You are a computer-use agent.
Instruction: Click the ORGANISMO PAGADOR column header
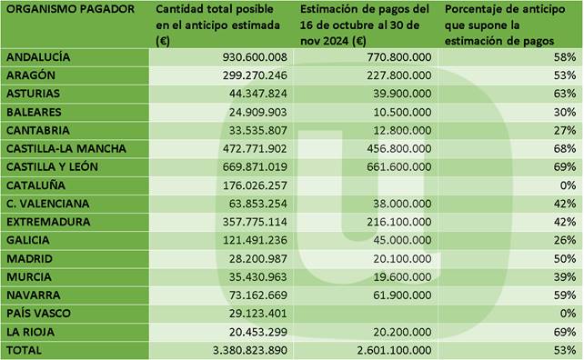pyautogui.click(x=70, y=9)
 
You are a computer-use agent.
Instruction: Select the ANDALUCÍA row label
pyautogui.click(x=38, y=57)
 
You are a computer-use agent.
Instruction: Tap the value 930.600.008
pyautogui.click(x=255, y=57)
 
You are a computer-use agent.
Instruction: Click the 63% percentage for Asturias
pyautogui.click(x=565, y=94)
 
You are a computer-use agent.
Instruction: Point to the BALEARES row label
pyautogui.click(x=34, y=112)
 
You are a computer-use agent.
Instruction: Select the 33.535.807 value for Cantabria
pyautogui.click(x=258, y=130)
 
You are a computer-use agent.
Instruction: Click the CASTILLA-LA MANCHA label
pyautogui.click(x=66, y=148)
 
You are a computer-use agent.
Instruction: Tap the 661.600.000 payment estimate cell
pyautogui.click(x=399, y=166)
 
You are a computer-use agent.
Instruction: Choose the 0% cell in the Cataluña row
pyautogui.click(x=568, y=185)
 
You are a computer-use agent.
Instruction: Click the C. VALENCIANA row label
pyautogui.click(x=47, y=204)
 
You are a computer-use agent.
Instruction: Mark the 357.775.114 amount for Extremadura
pyautogui.click(x=255, y=222)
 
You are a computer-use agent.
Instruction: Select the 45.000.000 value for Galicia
pyautogui.click(x=403, y=240)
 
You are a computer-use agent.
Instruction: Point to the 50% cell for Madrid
pyautogui.click(x=565, y=258)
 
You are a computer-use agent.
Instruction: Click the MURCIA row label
pyautogui.click(x=29, y=277)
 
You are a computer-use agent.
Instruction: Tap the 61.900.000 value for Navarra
pyautogui.click(x=403, y=295)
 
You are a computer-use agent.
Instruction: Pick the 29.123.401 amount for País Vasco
pyautogui.click(x=258, y=314)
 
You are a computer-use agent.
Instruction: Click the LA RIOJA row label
pyautogui.click(x=31, y=332)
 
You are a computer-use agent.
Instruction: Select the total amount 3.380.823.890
pyautogui.click(x=250, y=350)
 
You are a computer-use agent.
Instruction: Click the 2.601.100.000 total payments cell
pyautogui.click(x=395, y=350)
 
